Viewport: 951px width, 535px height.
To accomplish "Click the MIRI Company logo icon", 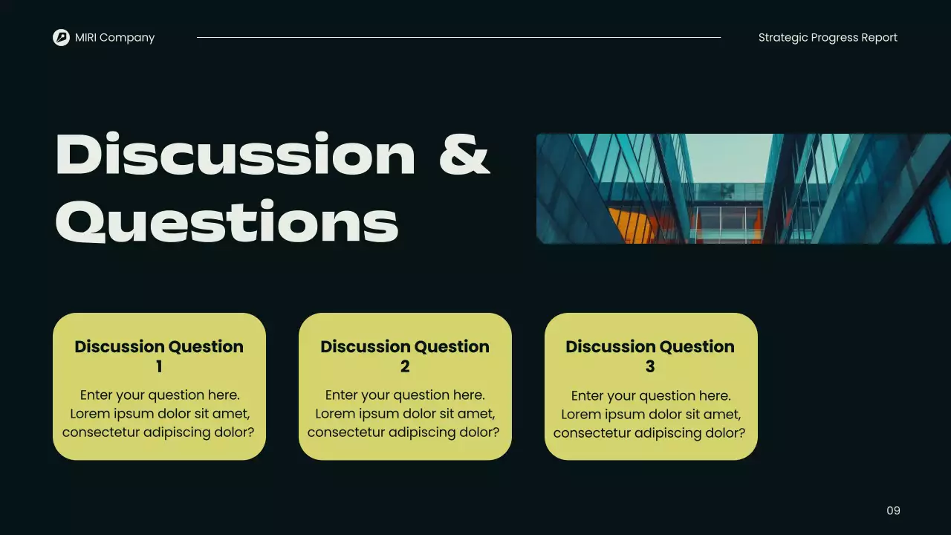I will tap(61, 37).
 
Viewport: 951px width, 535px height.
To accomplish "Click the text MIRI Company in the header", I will tap(114, 37).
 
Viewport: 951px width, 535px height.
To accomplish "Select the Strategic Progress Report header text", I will tap(828, 37).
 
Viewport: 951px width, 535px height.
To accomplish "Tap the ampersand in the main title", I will tap(464, 155).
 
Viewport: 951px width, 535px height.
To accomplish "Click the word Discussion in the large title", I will tap(235, 155).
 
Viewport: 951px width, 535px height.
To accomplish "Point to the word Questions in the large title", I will tap(227, 221).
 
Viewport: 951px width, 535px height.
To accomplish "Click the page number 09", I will tap(893, 510).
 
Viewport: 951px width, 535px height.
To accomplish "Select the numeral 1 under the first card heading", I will tap(159, 366).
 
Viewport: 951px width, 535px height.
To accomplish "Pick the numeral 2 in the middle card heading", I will tap(405, 366).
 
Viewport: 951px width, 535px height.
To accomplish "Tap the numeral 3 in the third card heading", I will tap(650, 366).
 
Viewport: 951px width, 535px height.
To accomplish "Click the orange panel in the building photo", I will tap(632, 225).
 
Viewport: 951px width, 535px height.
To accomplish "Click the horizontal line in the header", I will tap(458, 37).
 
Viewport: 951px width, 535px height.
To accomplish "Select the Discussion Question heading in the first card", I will tap(159, 347).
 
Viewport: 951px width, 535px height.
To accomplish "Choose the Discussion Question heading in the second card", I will tap(405, 347).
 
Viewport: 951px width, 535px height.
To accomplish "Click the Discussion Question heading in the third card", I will tap(650, 347).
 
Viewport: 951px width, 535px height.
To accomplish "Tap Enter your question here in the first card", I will tap(160, 395).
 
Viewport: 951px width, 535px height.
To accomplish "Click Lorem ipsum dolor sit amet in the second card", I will tap(405, 414).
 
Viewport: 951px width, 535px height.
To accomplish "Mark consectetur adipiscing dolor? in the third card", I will tap(649, 432).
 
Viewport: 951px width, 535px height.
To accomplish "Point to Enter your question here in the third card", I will tap(651, 395).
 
